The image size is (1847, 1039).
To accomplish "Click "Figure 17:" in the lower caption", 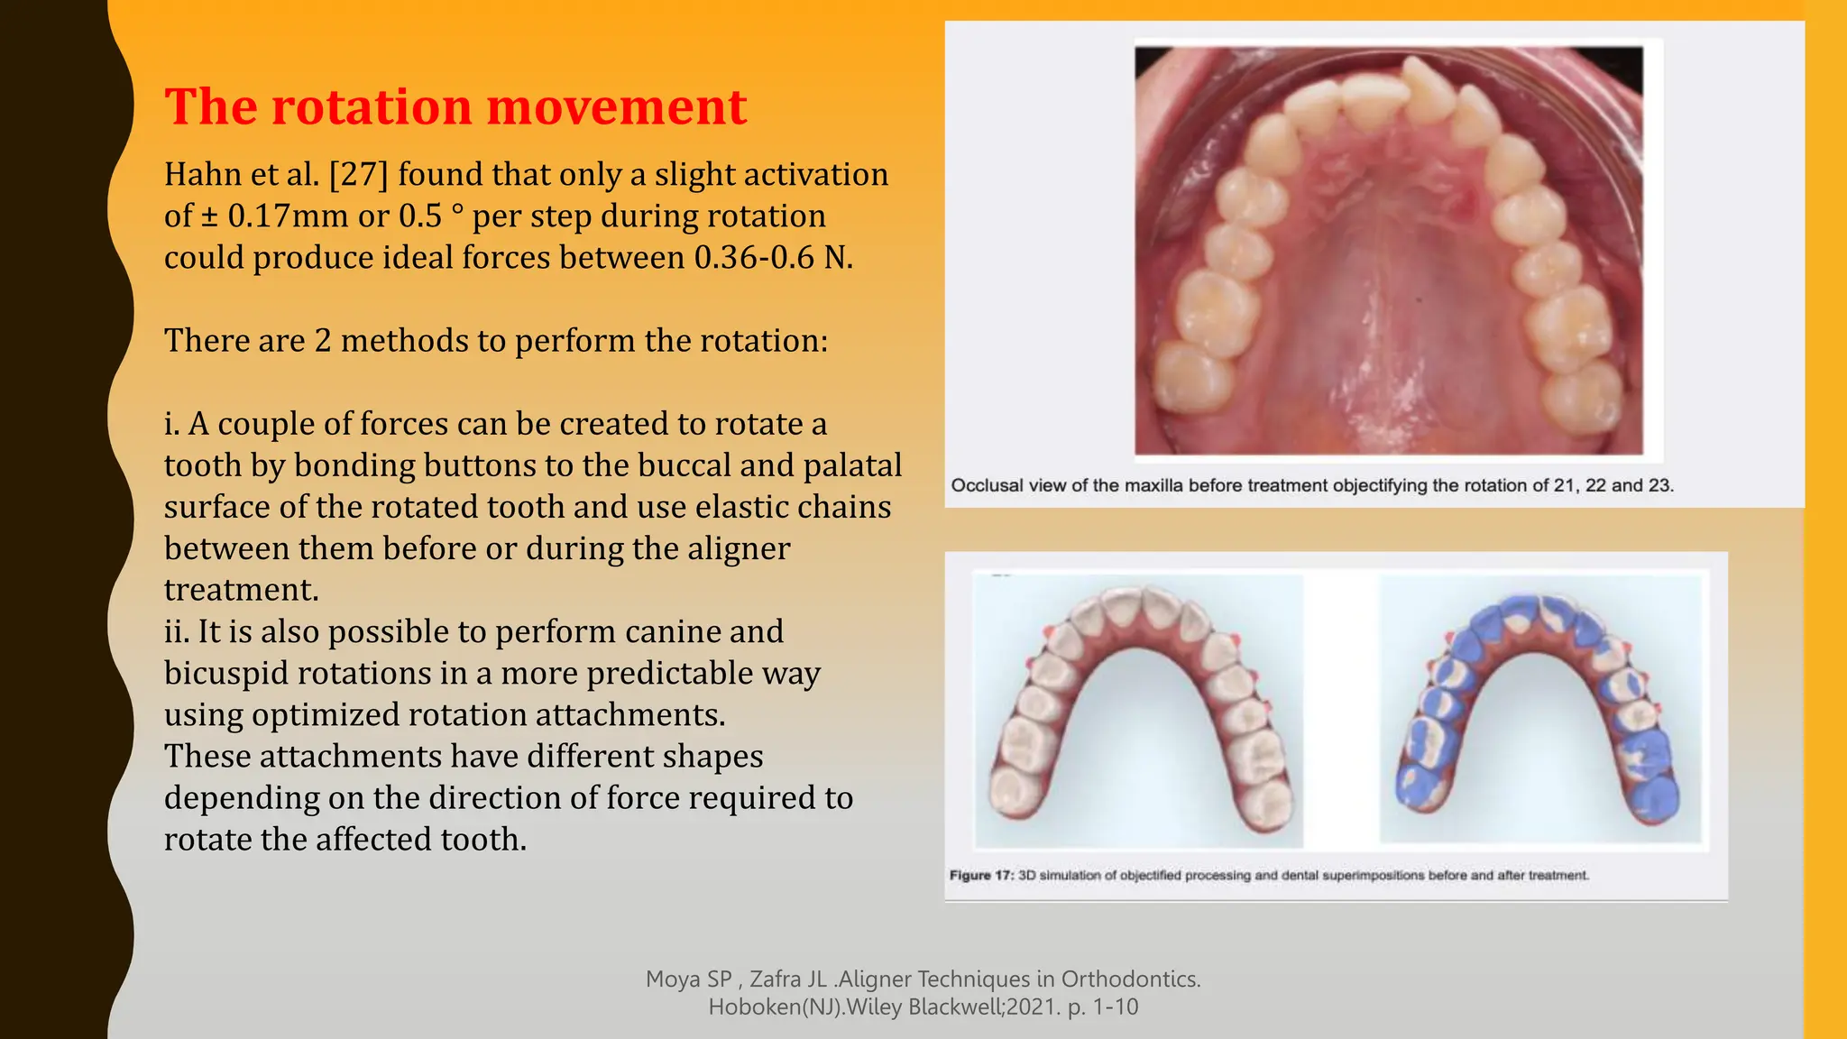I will point(981,875).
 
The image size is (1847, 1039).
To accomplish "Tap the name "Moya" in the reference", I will point(674,979).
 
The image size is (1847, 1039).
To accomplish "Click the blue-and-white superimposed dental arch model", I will point(1540,707).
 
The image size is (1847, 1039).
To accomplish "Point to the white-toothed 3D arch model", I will point(1139,709).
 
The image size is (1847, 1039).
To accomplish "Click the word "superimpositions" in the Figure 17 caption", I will point(1374,875).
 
